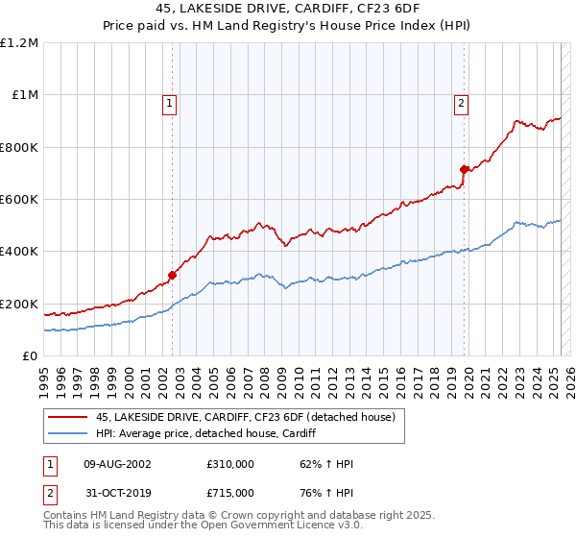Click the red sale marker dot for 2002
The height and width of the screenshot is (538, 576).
[173, 275]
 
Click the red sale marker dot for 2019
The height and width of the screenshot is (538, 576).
[464, 169]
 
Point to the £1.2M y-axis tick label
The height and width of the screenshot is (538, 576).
[19, 43]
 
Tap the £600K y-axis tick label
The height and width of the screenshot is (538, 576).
[19, 200]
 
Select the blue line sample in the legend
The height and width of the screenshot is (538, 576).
[68, 433]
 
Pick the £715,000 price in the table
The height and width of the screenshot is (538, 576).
[229, 492]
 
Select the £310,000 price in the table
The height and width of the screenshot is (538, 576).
[229, 464]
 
